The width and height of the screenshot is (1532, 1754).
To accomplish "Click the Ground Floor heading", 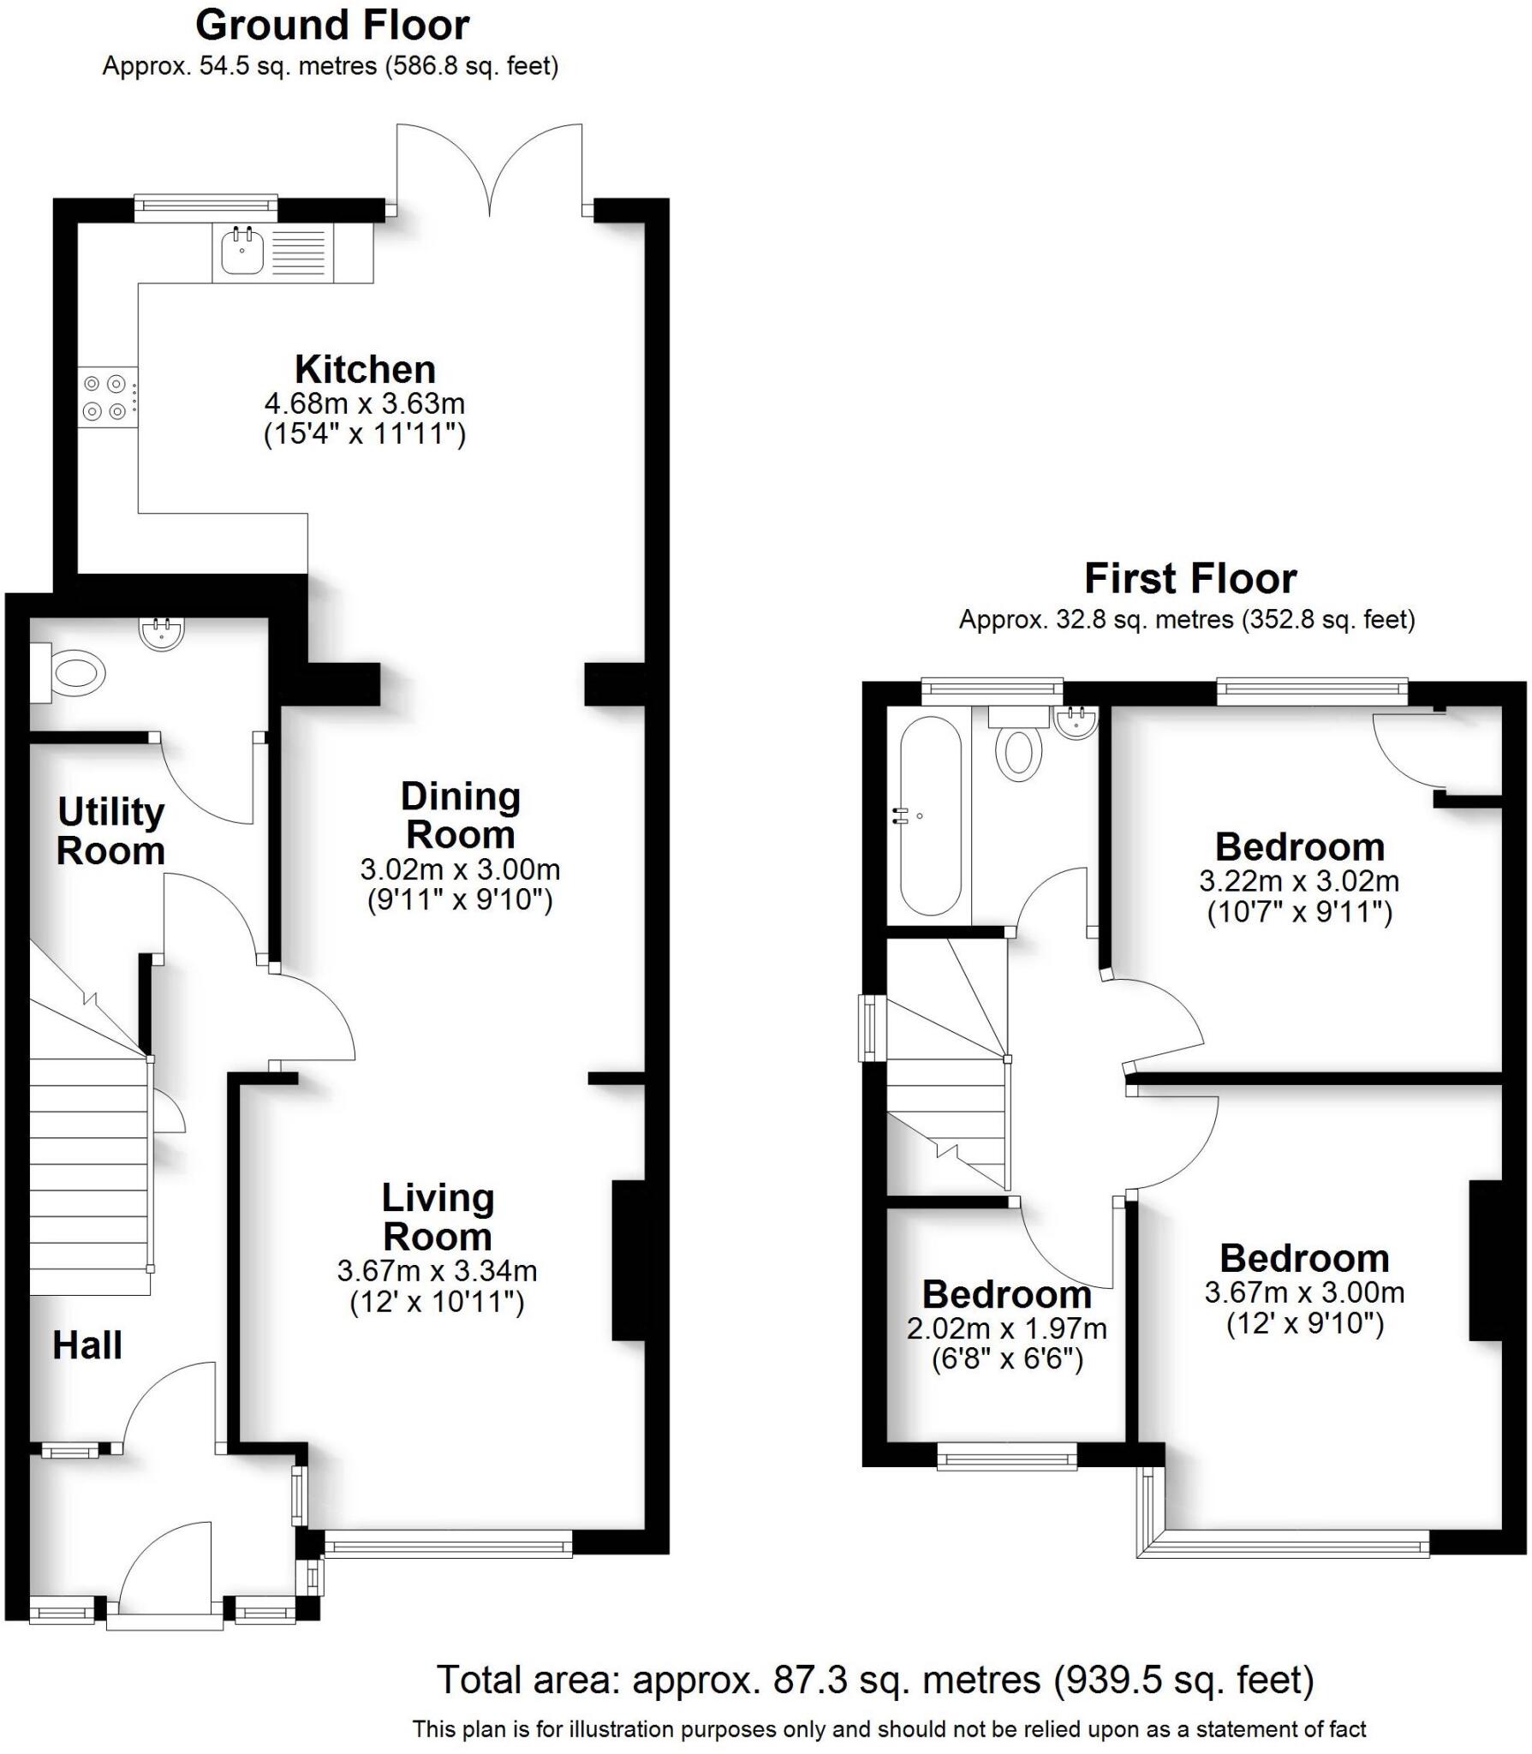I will tap(332, 26).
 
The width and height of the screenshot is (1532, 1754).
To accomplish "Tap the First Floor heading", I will tap(1189, 579).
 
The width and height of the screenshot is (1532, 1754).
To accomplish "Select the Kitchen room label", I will tap(366, 370).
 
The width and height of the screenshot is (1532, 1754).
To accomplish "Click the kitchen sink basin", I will tap(242, 252).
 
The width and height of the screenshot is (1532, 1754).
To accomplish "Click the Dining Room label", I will tap(461, 815).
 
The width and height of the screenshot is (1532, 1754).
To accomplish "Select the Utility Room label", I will tap(110, 831).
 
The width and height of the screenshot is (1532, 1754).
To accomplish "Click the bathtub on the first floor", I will tap(930, 814).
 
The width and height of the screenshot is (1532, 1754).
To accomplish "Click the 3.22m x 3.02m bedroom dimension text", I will tap(1299, 880).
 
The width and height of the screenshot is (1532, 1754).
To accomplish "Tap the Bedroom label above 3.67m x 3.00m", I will tap(1304, 1258).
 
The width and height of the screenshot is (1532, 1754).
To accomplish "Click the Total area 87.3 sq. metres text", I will tap(875, 1679).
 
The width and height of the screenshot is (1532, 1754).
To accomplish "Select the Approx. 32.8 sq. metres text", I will tap(1186, 619).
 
